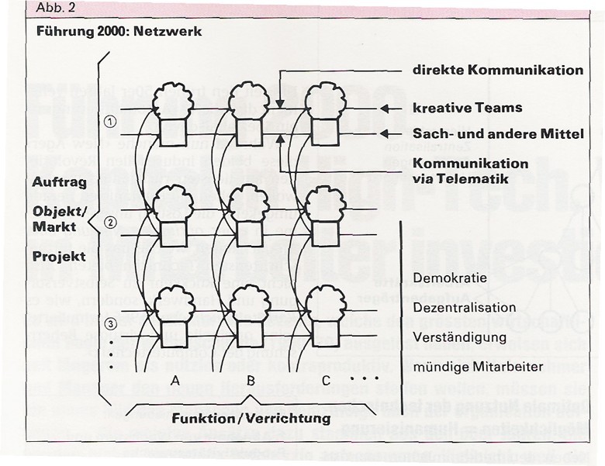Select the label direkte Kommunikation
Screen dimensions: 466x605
coord(497,70)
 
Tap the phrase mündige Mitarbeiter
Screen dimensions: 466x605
coord(475,367)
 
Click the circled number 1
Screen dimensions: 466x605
coord(110,122)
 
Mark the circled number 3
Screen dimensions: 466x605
coord(110,324)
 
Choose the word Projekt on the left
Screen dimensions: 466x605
coord(58,256)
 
